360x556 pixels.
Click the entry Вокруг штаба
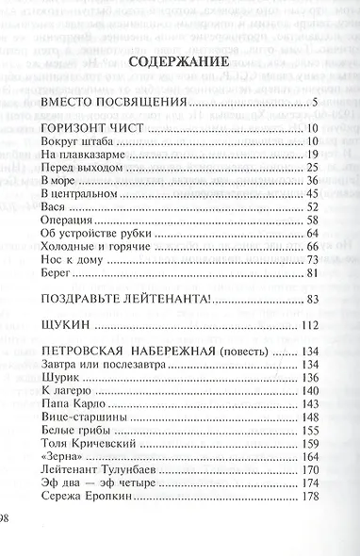point(76,142)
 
